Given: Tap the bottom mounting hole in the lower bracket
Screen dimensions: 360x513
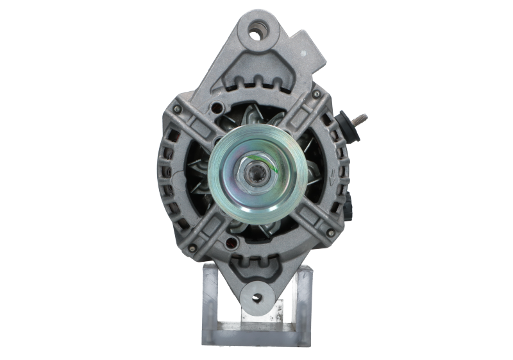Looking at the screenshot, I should (x=258, y=296).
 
